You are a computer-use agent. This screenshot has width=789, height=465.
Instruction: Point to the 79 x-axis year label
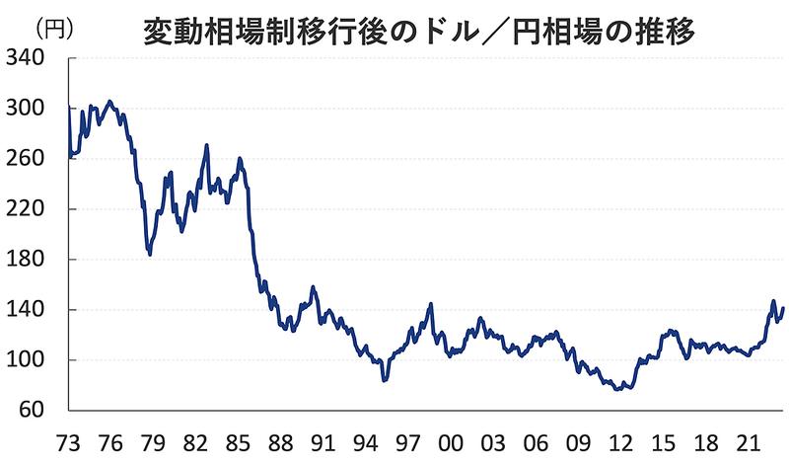coord(152,439)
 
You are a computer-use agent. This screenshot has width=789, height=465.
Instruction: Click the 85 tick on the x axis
coord(237,439)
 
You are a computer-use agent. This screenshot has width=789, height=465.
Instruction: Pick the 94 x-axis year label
coord(365,439)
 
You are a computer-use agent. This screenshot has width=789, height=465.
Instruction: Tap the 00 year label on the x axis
coord(450,439)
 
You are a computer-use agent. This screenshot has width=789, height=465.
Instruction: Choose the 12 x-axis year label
coord(620,439)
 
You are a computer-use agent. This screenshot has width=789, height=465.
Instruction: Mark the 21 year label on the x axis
coord(748,439)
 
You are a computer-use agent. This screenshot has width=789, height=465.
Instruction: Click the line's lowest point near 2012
coord(617,390)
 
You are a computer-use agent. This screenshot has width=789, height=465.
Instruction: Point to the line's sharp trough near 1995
coord(385,380)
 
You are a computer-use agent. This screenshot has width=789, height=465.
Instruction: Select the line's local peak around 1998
coord(431,304)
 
